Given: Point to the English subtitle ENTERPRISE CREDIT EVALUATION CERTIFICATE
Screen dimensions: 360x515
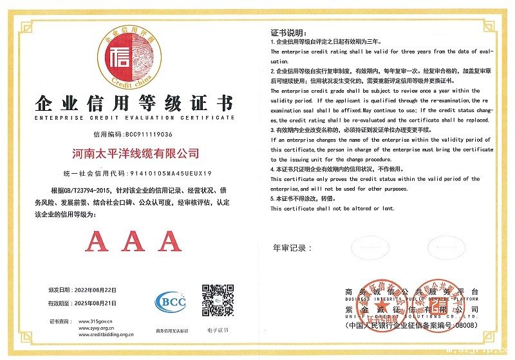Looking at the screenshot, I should [x=134, y=118].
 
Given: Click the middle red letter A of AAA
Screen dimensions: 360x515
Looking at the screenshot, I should [x=133, y=242].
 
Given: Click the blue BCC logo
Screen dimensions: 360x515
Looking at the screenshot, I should [x=171, y=301].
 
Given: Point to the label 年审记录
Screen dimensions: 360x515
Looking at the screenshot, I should [x=293, y=248].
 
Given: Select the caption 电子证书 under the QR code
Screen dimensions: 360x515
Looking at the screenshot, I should [x=218, y=331].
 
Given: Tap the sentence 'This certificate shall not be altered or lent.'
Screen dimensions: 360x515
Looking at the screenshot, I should [x=332, y=209].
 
